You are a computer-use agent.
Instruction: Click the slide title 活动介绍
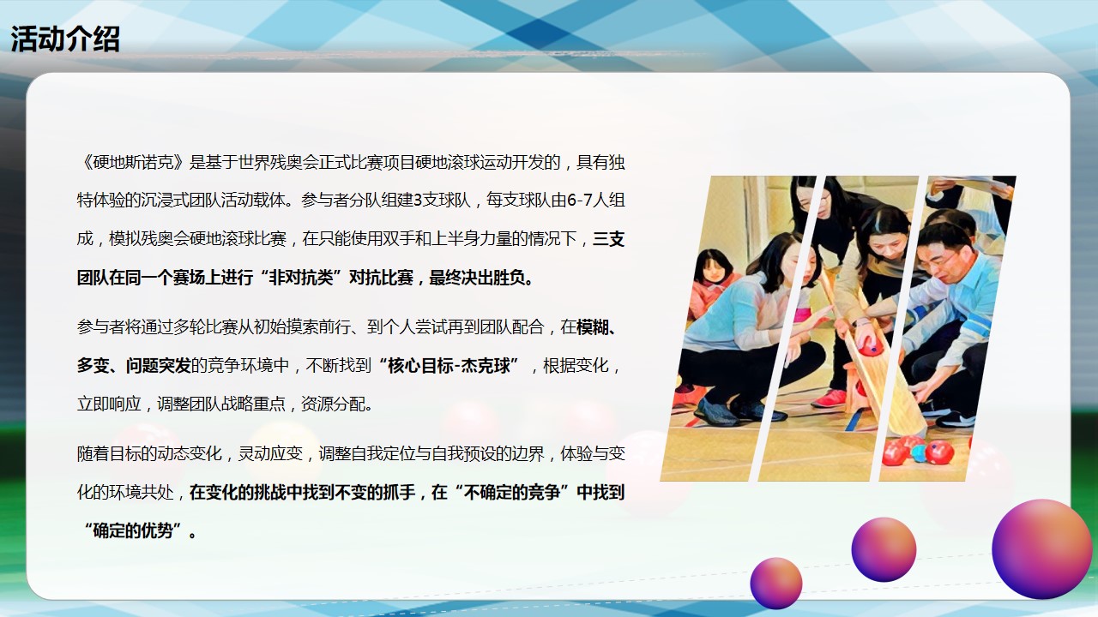tap(65, 39)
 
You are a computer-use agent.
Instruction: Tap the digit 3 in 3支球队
tap(418, 201)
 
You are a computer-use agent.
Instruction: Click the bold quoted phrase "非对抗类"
tap(301, 278)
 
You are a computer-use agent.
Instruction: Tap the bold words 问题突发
tap(158, 365)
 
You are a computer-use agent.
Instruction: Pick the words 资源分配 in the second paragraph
tap(333, 404)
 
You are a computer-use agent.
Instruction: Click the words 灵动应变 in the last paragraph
tap(270, 453)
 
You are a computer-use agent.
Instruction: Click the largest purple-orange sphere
tap(1042, 549)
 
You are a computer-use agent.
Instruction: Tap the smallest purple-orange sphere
tap(776, 584)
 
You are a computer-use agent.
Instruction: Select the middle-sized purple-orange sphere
tap(884, 549)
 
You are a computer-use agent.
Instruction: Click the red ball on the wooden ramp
tap(871, 348)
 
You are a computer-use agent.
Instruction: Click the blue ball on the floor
tap(919, 453)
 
